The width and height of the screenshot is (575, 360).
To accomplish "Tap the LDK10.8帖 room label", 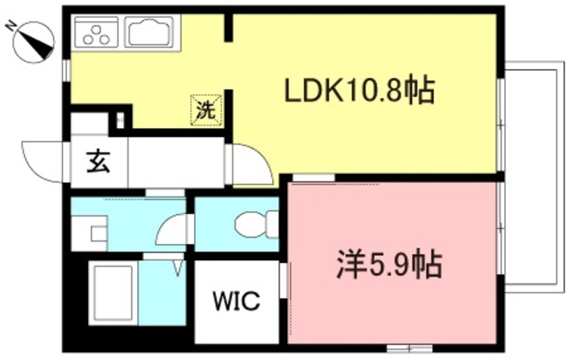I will pos(359,90).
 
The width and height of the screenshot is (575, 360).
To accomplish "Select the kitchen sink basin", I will pos(152,34).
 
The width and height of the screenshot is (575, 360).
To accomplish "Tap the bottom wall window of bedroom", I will pos(409,347).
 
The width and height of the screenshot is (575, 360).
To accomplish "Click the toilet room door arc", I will pos(171,232).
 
